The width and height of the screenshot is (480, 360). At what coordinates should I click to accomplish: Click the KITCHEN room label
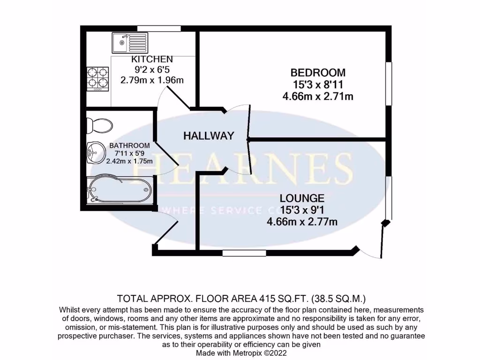152,59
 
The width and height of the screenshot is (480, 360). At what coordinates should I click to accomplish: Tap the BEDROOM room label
318,73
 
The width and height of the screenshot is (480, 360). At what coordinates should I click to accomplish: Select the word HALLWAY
209,136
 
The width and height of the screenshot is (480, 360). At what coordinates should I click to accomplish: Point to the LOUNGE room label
302,198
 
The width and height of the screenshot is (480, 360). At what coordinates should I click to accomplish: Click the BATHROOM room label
130,146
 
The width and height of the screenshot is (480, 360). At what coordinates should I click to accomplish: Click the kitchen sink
129,43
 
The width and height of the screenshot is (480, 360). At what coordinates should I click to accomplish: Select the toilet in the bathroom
100,125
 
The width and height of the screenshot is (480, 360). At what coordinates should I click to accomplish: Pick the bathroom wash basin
95,152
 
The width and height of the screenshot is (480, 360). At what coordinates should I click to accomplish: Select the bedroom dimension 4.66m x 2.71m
318,97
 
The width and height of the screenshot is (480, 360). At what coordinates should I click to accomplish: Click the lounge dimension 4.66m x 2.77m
302,222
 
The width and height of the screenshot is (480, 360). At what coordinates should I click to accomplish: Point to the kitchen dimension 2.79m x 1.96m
152,80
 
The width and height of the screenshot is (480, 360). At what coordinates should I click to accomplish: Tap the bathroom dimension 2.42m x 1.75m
130,161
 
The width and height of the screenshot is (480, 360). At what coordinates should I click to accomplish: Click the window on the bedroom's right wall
388,84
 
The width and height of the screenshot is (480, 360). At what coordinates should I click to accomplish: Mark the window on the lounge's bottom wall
244,254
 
